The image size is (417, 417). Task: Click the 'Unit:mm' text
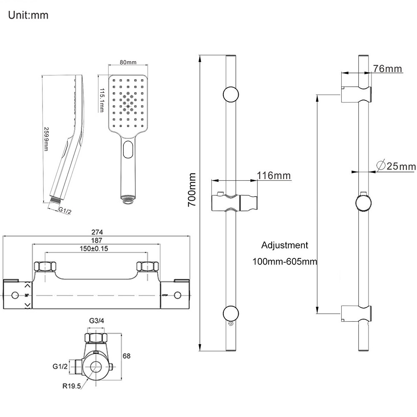tap(28, 15)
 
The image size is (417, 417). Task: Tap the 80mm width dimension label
tap(128, 62)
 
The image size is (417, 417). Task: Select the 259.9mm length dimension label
tap(47, 140)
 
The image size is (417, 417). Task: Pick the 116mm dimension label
tap(274, 175)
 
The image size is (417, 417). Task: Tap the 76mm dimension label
tap(387, 68)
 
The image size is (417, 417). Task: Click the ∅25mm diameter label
tap(395, 166)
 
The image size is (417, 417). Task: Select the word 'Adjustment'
tap(285, 245)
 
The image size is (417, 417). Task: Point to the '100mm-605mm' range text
tap(285, 262)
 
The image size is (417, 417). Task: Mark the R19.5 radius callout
tap(72, 386)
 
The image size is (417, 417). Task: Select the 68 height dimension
tap(127, 356)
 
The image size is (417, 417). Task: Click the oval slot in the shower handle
tap(128, 149)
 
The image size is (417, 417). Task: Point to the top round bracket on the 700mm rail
tap(231, 94)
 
